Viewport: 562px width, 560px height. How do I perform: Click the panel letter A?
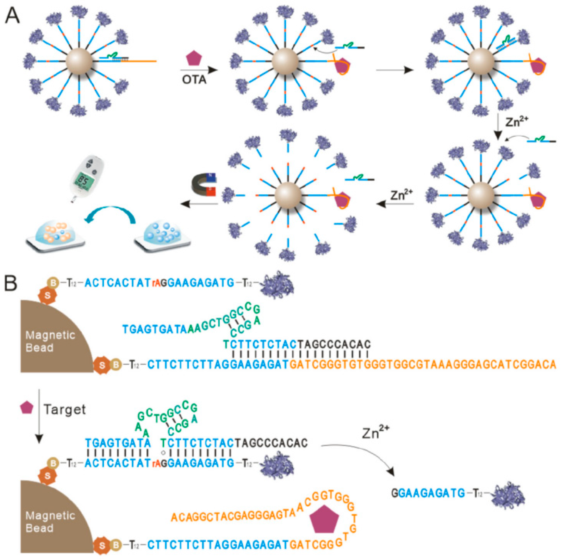click(12, 15)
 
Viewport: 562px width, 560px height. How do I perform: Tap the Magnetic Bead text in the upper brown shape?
click(50, 341)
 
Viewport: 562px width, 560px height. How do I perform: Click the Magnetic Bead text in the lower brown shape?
click(50, 522)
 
